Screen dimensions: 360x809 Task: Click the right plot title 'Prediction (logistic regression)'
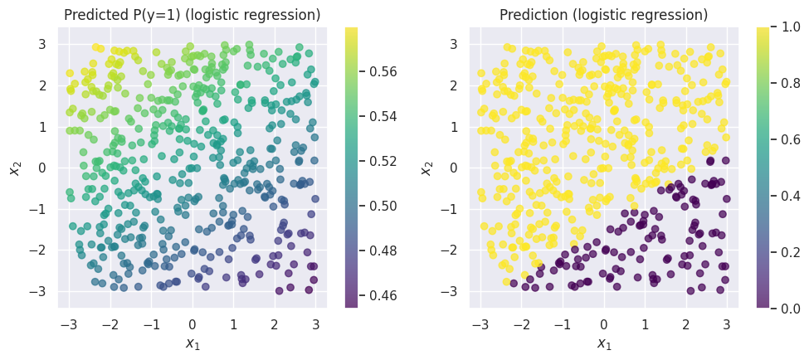[x=603, y=15]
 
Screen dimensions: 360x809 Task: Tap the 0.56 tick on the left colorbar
[x=384, y=71]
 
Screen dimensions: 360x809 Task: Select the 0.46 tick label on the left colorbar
[x=384, y=295]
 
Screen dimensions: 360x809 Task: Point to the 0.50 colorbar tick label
[x=384, y=206]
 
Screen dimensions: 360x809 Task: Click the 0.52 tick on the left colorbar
[x=384, y=161]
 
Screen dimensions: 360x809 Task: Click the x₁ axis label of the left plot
[x=193, y=344]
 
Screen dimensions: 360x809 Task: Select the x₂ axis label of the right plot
[x=427, y=168]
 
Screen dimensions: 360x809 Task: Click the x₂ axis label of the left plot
[x=16, y=168]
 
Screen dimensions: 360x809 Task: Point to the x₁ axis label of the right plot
[x=603, y=344]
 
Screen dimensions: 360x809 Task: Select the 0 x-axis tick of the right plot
[x=603, y=324]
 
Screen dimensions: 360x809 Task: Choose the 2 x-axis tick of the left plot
[x=275, y=324]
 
